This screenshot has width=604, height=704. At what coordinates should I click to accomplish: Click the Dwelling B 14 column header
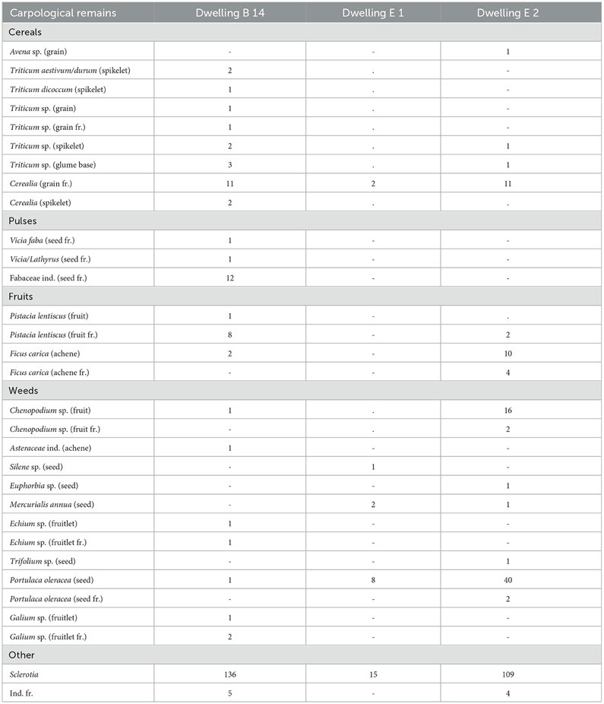[229, 13]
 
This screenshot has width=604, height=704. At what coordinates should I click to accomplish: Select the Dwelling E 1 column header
[373, 13]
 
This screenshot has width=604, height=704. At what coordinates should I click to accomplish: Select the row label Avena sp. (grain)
[43, 52]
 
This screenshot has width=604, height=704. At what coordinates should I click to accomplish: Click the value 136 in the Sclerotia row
[229, 674]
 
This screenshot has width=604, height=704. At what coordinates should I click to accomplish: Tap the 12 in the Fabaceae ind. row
[229, 278]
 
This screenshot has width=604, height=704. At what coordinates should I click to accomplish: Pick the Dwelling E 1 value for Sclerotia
[373, 674]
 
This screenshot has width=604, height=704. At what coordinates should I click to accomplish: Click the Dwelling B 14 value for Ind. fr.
[229, 693]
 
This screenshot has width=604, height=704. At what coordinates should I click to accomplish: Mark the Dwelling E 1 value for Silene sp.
[373, 466]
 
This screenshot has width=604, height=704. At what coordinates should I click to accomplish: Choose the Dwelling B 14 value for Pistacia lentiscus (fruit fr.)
[229, 335]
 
